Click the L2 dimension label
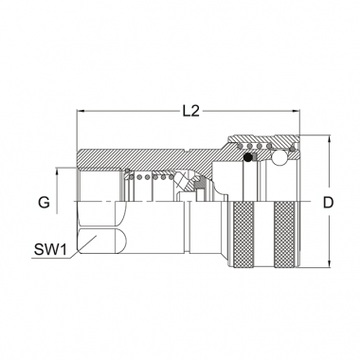191,111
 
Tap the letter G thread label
44,203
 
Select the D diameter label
328,203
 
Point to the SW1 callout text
50,250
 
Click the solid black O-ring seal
248,157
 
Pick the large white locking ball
279,158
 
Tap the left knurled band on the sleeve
243,235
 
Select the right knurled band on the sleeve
285,235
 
